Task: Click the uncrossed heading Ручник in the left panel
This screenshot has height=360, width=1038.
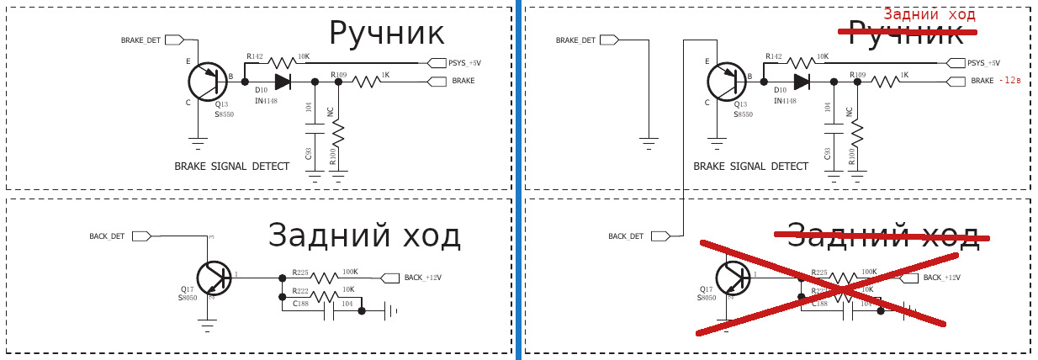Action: [386, 34]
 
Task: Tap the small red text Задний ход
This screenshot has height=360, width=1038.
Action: [929, 14]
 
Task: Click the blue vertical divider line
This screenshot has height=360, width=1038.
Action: [518, 180]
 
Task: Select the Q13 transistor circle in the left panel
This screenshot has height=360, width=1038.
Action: [208, 82]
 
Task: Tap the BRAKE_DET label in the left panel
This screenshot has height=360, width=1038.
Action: [140, 40]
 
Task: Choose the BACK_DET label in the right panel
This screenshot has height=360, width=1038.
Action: [626, 236]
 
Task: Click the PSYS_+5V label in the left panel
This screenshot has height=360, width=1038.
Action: [464, 63]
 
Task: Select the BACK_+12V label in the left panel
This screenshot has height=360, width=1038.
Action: [422, 278]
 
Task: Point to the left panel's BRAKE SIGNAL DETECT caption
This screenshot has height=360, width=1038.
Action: [231, 167]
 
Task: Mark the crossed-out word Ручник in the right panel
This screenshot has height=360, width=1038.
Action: [905, 34]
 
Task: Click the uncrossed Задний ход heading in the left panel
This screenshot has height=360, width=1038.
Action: [364, 236]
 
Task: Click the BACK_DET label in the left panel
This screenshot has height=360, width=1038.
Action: [107, 236]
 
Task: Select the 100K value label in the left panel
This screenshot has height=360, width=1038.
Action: [350, 272]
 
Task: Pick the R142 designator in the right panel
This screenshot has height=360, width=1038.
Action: [774, 56]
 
